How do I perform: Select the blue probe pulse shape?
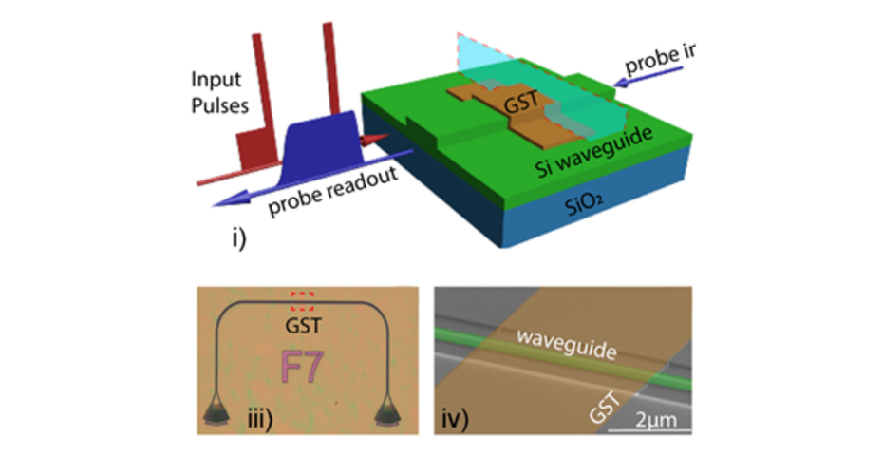point(320,140)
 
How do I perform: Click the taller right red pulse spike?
point(330,76)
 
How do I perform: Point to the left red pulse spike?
point(255,90)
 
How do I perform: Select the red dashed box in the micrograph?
point(302,303)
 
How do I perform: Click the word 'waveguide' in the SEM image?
point(554,341)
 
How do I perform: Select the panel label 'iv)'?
point(461,414)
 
